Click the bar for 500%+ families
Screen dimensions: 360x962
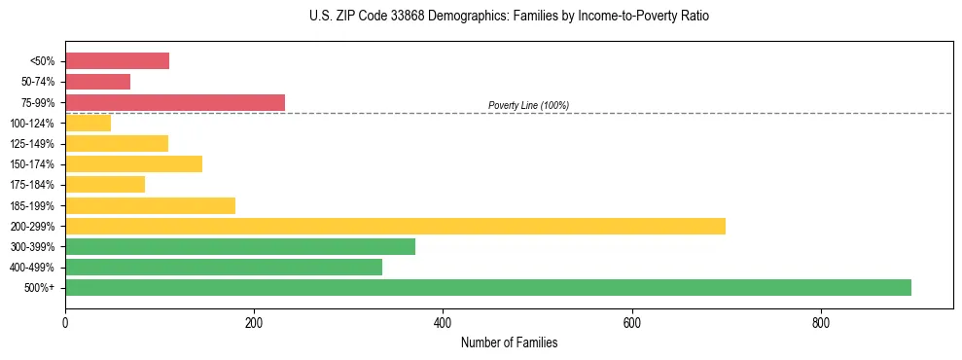click(487, 287)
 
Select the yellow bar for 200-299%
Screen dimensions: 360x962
click(395, 226)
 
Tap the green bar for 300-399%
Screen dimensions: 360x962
click(240, 246)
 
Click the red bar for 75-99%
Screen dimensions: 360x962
click(175, 102)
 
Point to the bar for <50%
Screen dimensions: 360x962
click(117, 61)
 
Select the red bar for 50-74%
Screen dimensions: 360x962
click(97, 82)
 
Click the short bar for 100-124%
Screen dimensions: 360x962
click(88, 123)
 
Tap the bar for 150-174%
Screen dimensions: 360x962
click(133, 163)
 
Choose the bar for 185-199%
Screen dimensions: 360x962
click(150, 205)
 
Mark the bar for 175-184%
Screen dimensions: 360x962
click(105, 184)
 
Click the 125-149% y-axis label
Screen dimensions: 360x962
click(32, 144)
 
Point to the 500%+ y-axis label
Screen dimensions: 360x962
click(38, 288)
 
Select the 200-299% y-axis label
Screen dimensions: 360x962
click(32, 227)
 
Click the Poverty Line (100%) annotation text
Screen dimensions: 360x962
click(528, 105)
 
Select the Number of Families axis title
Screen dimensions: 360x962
click(509, 342)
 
